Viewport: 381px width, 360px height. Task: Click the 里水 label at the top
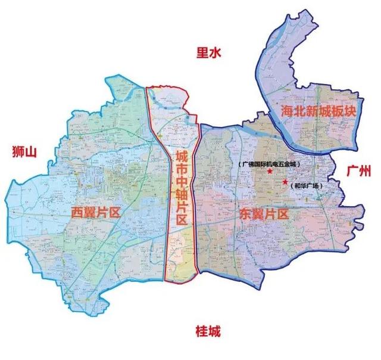click(208, 53)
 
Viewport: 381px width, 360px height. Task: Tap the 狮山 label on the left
click(24, 152)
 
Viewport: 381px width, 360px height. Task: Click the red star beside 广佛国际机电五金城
click(270, 172)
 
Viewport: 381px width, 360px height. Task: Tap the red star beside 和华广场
click(285, 181)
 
